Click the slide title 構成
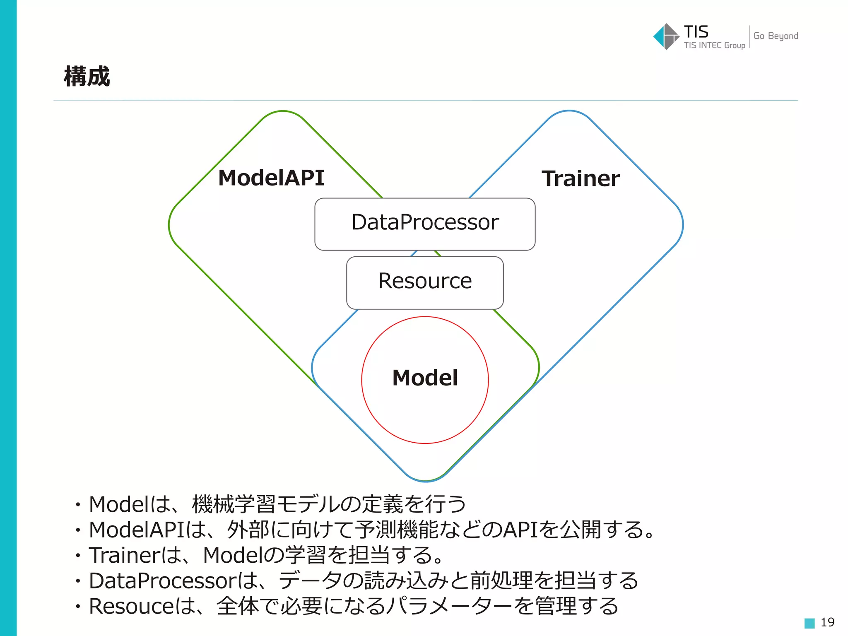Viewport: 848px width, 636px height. (87, 77)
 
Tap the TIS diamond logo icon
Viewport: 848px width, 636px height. (666, 37)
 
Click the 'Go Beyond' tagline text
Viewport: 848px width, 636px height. (776, 36)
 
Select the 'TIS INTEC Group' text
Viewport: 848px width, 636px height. (714, 46)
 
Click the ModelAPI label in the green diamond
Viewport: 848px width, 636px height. (271, 178)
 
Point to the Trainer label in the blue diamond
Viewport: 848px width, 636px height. (581, 179)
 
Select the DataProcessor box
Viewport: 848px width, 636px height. (425, 224)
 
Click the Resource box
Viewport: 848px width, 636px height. (425, 282)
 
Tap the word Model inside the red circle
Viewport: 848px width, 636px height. (425, 378)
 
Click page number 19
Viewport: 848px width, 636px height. (827, 622)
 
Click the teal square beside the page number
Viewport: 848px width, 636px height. (809, 623)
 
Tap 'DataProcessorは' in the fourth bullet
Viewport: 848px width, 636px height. (174, 581)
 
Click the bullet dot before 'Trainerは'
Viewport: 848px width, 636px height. (77, 556)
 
